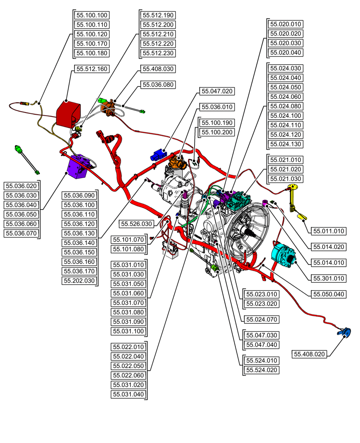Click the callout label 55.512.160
[x=91, y=69]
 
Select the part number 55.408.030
[x=158, y=69]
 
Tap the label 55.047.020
[x=217, y=91]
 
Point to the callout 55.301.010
[x=329, y=279]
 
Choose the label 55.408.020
[x=309, y=354]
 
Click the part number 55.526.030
[x=137, y=224]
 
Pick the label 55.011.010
[x=329, y=231]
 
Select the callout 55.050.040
[x=329, y=294]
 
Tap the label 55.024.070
[x=262, y=319]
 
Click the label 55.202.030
[x=79, y=281]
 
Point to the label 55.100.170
[x=92, y=44]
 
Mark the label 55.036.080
[x=158, y=84]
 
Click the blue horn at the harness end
[x=344, y=332]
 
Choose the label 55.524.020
[x=262, y=370]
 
